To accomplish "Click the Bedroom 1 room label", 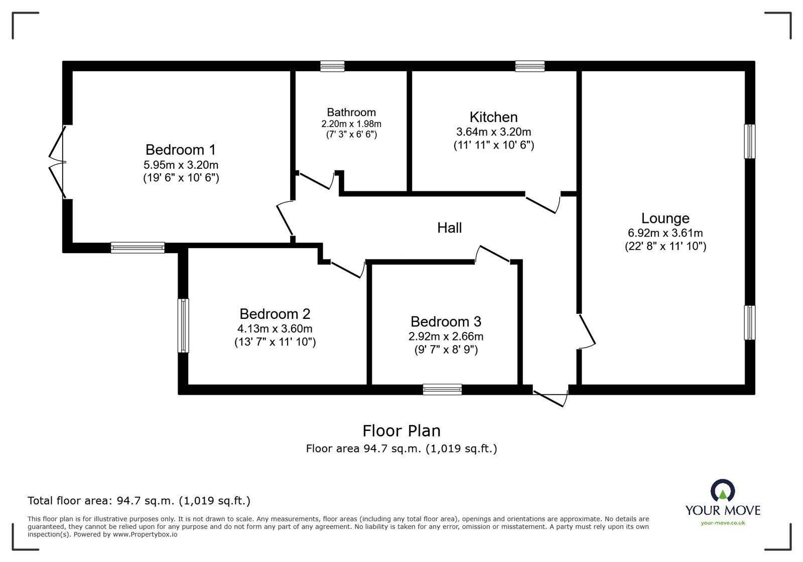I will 181,150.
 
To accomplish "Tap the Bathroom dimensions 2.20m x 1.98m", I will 351,124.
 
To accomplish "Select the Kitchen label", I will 493,117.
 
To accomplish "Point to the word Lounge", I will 665,218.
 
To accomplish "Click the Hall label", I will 449,228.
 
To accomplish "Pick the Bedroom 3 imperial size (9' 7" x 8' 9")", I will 446,350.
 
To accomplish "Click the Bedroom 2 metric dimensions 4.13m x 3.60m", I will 275,329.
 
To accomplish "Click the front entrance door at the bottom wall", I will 551,396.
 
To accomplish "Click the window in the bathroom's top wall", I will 332,66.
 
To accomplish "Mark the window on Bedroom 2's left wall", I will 184,325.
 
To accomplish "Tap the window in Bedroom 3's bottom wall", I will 442,389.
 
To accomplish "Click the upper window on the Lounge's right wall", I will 749,141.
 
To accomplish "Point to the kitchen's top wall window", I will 529,66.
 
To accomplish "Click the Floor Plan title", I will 401,431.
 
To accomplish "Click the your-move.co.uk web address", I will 723,523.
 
